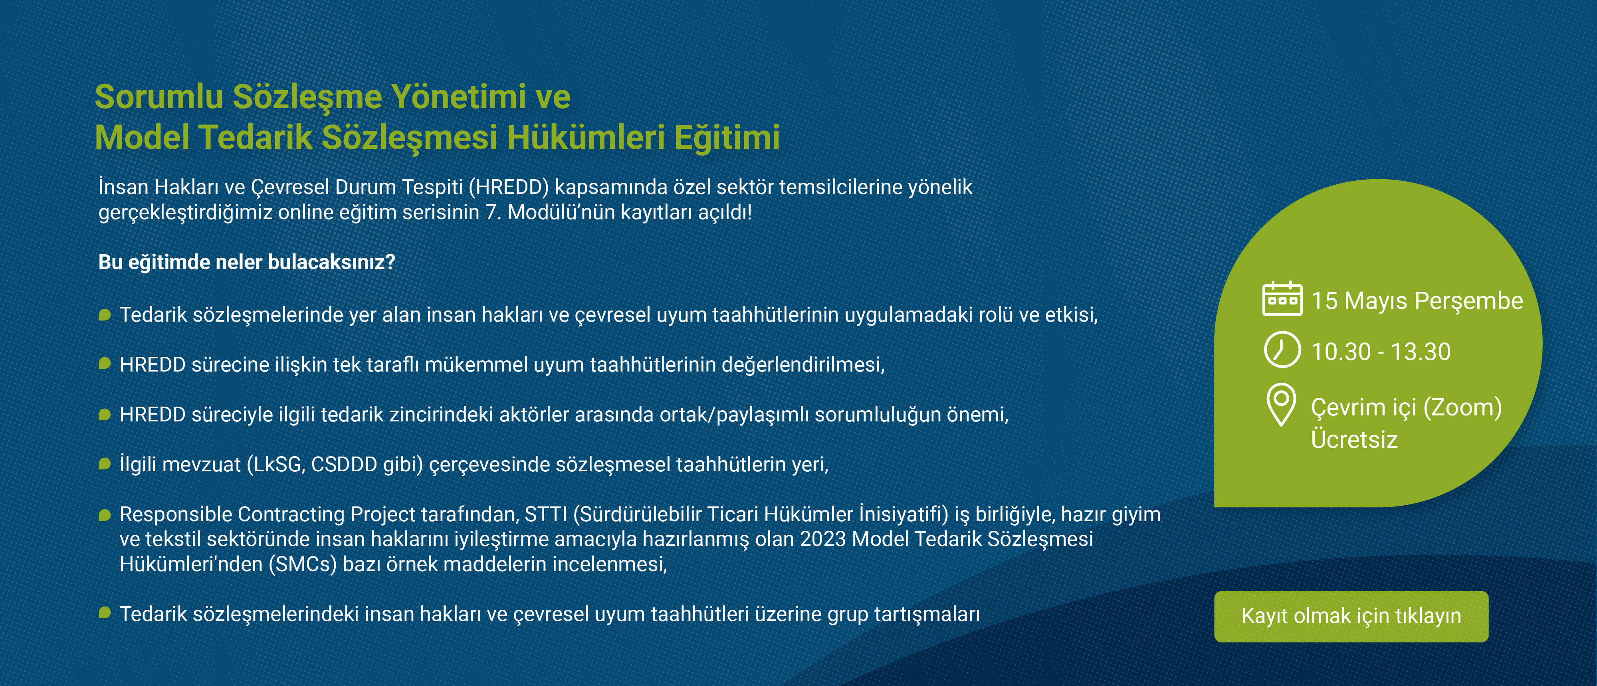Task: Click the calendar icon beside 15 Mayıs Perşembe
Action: tap(1282, 299)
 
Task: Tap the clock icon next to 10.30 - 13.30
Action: tap(1282, 350)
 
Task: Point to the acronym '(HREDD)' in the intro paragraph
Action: tap(509, 187)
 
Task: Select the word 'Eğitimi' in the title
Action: tap(727, 137)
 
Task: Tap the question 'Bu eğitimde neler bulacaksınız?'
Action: tap(247, 262)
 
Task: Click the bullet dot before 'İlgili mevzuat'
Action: tap(105, 464)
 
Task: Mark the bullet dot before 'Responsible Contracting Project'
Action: tap(105, 514)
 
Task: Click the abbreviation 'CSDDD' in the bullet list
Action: tap(344, 464)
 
